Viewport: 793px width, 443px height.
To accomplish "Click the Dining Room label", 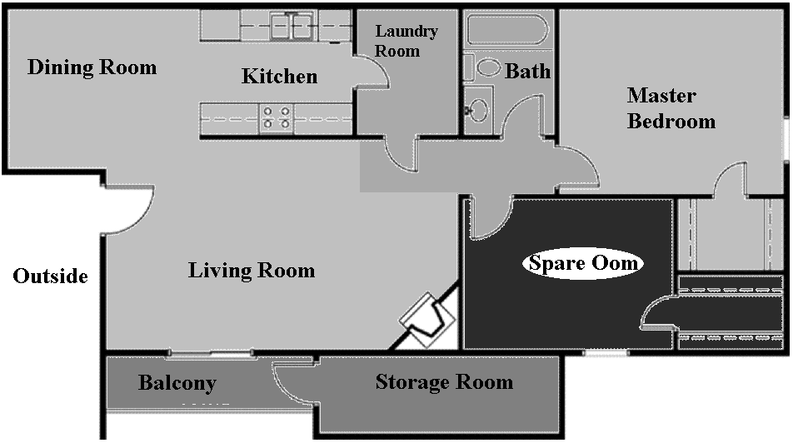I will [x=92, y=67].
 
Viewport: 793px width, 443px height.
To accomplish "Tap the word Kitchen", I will [x=279, y=77].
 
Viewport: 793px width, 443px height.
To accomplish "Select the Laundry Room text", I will [x=406, y=41].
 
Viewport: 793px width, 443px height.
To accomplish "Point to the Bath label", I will [x=527, y=72].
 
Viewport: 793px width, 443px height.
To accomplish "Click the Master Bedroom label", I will [x=671, y=108].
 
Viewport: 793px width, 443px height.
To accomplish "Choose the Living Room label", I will [x=252, y=271].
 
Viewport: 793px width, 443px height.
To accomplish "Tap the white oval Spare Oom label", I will [x=583, y=264].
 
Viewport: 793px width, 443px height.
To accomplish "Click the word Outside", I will [x=50, y=276].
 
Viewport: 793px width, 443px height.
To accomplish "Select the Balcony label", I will [x=177, y=384].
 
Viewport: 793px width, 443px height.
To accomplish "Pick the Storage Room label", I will [x=444, y=382].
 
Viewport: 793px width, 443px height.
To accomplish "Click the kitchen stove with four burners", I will [x=277, y=117].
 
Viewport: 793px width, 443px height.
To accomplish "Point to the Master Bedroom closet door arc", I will [x=733, y=179].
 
